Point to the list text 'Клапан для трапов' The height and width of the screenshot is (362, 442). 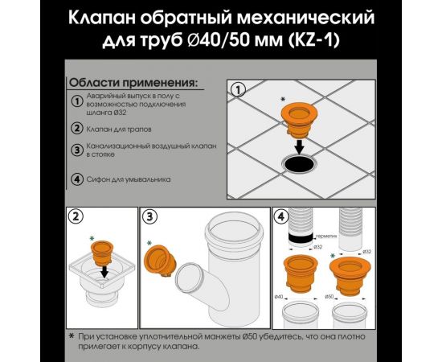click(121, 128)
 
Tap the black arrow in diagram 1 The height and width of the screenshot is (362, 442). click(297, 145)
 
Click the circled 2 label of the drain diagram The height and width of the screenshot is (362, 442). click(76, 216)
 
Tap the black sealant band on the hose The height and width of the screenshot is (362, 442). click(303, 240)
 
